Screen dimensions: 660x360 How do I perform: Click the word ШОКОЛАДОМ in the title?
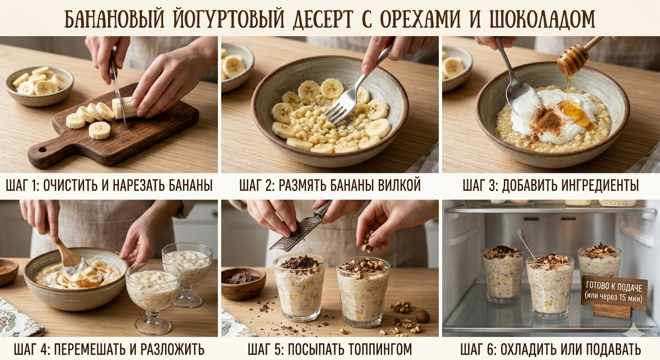point(542,19)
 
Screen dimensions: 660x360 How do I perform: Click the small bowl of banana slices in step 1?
point(38,85)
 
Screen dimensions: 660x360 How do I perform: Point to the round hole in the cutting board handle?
point(42,149)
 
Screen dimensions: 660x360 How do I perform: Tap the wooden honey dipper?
point(577,56)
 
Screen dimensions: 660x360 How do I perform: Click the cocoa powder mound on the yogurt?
point(547,121)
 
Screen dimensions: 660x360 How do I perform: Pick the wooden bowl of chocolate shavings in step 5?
point(243,283)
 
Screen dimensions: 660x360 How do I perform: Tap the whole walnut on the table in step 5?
point(422,316)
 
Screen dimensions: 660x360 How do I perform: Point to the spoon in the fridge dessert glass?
point(526,245)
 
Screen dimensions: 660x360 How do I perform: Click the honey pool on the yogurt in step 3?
point(575,113)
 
